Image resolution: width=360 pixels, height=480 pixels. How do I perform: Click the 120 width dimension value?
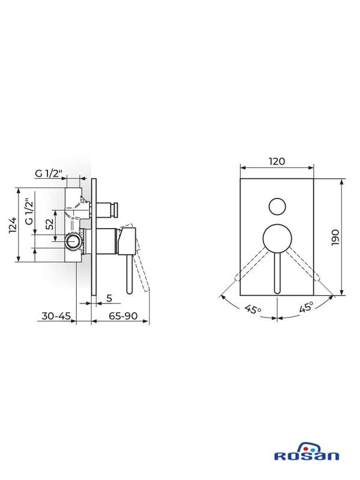tap(277, 161)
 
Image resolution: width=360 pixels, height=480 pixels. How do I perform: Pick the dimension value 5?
tap(109, 297)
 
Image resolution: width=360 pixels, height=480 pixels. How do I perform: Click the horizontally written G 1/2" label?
tap(49, 174)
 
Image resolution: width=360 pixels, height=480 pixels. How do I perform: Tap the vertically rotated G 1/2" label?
tap(28, 211)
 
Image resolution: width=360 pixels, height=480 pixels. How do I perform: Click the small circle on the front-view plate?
tap(277, 206)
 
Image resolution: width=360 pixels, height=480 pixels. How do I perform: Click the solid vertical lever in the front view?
tap(277, 270)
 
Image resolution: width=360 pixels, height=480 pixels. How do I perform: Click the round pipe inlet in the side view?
tap(72, 242)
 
